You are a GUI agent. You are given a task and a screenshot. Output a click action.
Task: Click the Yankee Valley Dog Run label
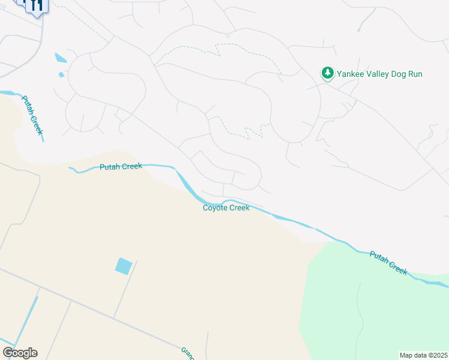[379, 74]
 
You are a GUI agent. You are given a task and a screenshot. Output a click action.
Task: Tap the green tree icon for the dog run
[327, 73]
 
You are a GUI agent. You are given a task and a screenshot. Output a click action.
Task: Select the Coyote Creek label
[226, 208]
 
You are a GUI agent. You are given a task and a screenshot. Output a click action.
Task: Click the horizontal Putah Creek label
[120, 167]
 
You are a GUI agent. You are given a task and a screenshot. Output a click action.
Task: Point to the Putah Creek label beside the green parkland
[388, 262]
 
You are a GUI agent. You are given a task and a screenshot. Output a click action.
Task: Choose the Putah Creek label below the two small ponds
[33, 114]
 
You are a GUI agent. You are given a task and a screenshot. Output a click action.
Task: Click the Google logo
[20, 353]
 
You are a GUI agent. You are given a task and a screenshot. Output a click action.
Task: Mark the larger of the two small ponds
[61, 58]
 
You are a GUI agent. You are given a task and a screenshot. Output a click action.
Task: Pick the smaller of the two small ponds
[61, 74]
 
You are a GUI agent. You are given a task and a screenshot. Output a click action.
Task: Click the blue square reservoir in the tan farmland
[124, 266]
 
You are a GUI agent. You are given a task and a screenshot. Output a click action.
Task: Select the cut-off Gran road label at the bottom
[187, 353]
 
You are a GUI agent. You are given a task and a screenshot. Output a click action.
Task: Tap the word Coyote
[215, 208]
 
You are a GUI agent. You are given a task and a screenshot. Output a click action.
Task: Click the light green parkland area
[372, 312]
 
